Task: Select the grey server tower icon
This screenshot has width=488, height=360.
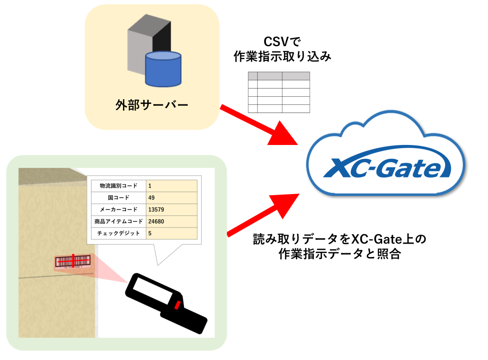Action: [143, 43]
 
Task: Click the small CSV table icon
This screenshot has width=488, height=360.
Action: [279, 92]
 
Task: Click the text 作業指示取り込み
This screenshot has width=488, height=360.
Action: [282, 57]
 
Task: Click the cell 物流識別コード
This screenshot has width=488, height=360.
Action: [118, 185]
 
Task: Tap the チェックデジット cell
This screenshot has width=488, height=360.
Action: [118, 234]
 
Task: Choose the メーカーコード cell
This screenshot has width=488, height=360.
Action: [118, 209]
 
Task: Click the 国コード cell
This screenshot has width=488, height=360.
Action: [118, 197]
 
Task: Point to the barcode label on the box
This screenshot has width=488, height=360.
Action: [72, 261]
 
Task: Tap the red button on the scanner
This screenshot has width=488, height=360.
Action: [177, 305]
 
